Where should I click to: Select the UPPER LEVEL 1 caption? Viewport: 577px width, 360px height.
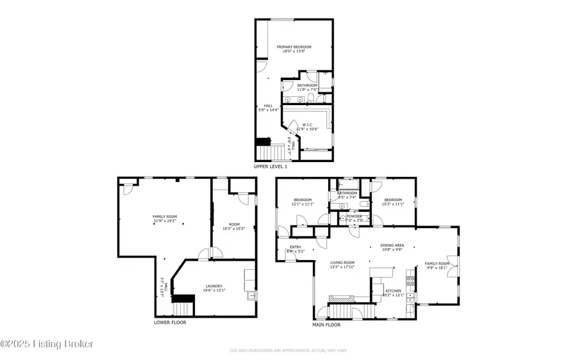[x=271, y=167]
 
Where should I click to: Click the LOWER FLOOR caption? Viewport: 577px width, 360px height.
[x=170, y=322]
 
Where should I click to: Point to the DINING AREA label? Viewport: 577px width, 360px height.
[x=392, y=247]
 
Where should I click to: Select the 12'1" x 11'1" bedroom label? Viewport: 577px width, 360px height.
[x=303, y=202]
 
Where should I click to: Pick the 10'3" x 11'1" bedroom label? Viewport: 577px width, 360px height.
[x=393, y=202]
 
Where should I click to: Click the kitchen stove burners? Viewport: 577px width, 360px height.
[x=409, y=280]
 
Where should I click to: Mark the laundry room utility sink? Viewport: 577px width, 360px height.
[x=250, y=296]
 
